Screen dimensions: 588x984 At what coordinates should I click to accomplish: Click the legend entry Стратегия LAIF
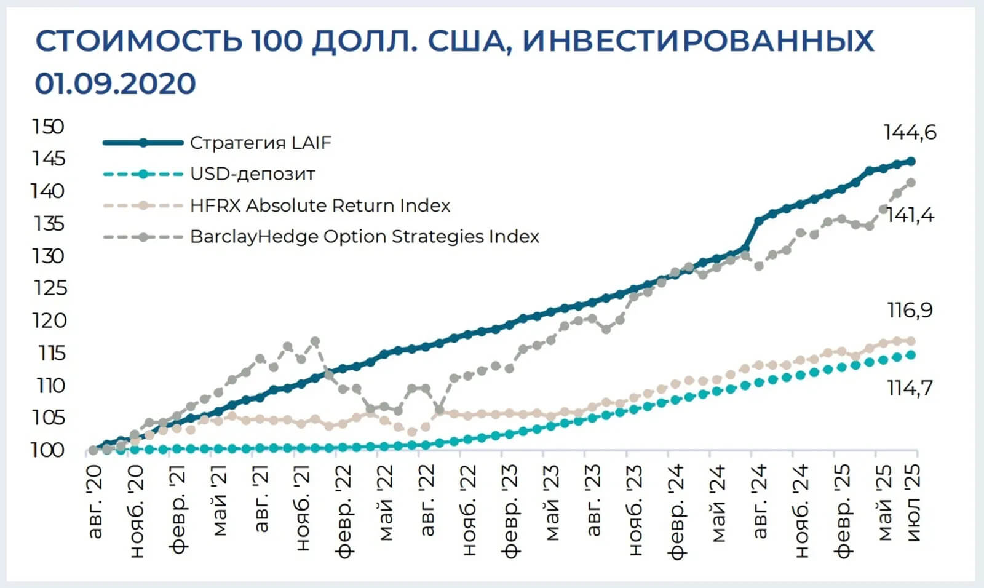(260, 143)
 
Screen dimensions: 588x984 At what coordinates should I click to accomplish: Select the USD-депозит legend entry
(252, 174)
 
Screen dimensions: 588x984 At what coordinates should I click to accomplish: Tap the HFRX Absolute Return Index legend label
(320, 205)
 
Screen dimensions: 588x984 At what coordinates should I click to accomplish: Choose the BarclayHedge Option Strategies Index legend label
(364, 237)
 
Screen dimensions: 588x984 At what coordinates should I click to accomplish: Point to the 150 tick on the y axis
(48, 127)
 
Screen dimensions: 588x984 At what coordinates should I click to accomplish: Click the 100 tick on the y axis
(48, 450)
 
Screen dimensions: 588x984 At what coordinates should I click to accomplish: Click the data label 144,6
(910, 132)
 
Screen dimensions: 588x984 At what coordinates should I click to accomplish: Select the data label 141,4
(910, 215)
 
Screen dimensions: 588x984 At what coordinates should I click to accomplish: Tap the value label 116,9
(910, 311)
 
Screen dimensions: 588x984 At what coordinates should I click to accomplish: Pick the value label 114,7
(910, 388)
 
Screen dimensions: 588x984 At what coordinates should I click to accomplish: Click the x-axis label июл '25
(915, 503)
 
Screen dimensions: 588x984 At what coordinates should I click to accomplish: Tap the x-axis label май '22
(385, 503)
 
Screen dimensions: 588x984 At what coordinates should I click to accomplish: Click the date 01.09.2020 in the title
(115, 84)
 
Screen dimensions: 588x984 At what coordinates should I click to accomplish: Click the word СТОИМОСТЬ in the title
(138, 41)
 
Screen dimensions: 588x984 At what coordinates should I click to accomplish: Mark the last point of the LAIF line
(911, 161)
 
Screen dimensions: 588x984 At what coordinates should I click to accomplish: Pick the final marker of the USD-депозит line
(911, 355)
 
